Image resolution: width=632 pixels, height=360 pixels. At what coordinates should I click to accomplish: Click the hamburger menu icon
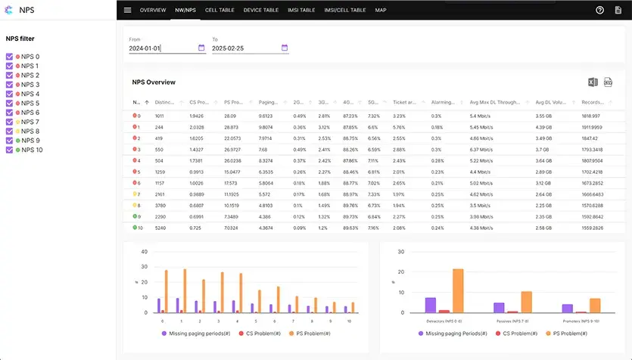tap(127, 10)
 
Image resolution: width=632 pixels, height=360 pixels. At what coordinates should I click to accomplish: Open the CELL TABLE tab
tap(219, 10)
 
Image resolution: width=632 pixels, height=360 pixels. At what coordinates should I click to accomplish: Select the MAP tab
tap(380, 10)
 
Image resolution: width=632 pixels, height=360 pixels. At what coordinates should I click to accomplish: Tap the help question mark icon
tap(599, 10)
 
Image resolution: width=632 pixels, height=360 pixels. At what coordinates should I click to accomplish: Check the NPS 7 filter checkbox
tap(9, 122)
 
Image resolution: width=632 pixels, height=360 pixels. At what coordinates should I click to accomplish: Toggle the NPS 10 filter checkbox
tap(9, 150)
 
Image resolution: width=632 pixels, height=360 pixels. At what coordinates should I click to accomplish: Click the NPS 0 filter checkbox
tap(9, 57)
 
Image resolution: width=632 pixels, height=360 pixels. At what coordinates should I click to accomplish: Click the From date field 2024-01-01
tap(161, 48)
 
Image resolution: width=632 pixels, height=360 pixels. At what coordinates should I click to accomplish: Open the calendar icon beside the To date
tap(285, 48)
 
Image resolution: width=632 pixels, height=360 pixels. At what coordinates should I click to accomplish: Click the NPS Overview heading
tap(154, 82)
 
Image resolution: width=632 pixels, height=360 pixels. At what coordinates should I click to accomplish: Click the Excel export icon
tap(593, 82)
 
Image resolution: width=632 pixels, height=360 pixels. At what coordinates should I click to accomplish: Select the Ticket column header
tap(404, 101)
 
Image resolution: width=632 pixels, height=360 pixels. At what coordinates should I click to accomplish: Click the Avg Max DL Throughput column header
tap(497, 101)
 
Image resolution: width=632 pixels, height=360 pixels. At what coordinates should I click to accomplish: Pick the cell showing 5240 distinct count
tap(160, 227)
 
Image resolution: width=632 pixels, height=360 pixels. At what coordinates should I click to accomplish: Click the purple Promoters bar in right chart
tap(567, 308)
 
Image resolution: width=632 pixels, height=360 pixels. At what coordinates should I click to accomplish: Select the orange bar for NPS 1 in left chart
tap(184, 290)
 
